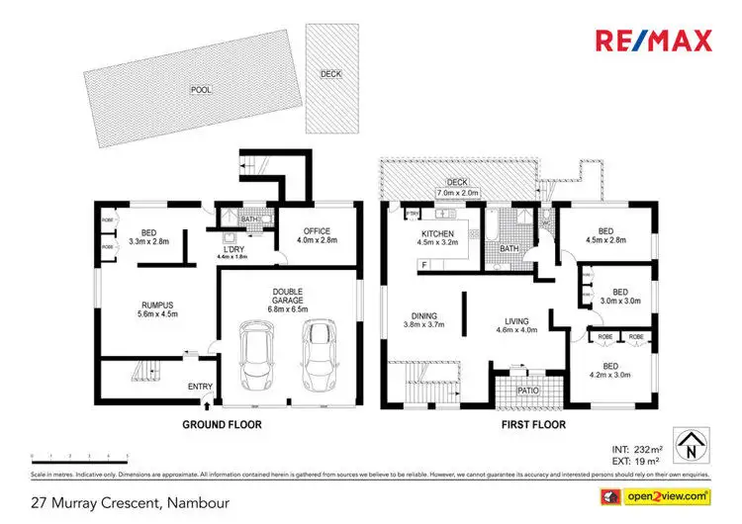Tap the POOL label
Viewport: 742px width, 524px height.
pyautogui.click(x=202, y=89)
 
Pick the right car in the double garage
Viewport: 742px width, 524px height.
pyautogui.click(x=321, y=356)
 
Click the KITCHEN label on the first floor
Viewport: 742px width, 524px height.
pyautogui.click(x=436, y=235)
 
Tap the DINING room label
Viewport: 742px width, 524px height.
pyautogui.click(x=423, y=317)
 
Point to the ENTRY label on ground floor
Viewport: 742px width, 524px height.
pyautogui.click(x=200, y=387)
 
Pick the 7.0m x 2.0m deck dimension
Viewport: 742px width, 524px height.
pyautogui.click(x=456, y=193)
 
